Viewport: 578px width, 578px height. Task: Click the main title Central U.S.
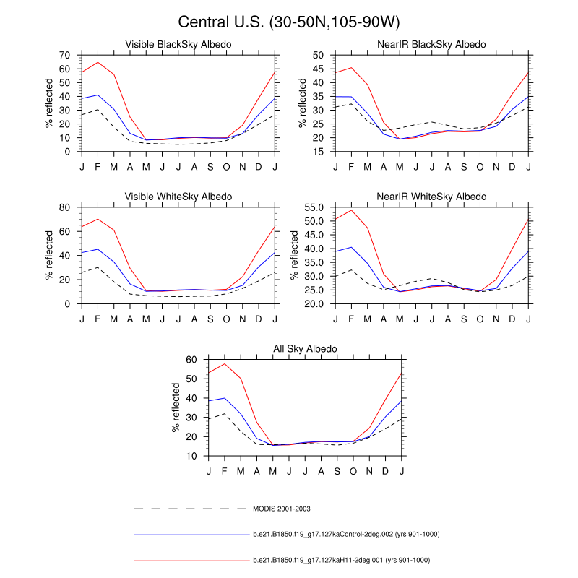pos(289,22)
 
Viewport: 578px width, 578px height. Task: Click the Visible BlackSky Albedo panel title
pos(178,45)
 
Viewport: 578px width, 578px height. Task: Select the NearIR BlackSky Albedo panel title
pos(431,45)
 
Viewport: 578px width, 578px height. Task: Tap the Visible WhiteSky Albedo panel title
pos(178,197)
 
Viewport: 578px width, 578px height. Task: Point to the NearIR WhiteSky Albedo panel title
pos(431,197)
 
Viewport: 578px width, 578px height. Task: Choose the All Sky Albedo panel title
pos(305,349)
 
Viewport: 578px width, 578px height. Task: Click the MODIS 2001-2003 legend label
pos(281,509)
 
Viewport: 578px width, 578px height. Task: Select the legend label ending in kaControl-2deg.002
pos(346,535)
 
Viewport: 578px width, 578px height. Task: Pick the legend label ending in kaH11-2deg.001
pos(342,560)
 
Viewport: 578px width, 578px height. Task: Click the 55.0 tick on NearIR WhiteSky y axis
pos(312,207)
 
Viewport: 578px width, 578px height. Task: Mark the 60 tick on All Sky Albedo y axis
pos(191,359)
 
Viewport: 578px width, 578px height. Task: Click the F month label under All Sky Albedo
pos(225,472)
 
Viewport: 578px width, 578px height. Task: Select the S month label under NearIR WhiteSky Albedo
pos(480,319)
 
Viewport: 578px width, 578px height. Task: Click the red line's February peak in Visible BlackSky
pos(98,62)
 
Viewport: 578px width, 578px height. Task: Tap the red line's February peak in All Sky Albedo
pos(225,363)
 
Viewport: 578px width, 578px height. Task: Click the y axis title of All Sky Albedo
pos(176,407)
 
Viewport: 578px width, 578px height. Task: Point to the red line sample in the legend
pos(191,560)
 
